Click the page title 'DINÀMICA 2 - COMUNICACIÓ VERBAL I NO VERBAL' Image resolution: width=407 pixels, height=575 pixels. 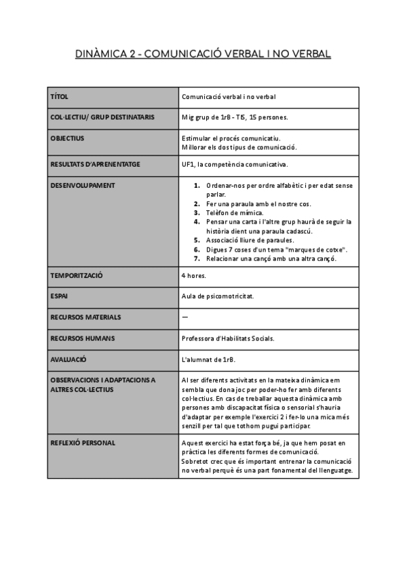point(203,54)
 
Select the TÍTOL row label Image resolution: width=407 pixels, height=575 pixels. point(60,97)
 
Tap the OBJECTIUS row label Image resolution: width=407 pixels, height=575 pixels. point(67,138)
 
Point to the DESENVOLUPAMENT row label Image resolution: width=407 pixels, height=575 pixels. point(83,185)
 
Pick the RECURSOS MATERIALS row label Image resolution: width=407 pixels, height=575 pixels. point(85,317)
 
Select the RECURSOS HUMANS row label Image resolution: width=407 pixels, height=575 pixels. point(82,338)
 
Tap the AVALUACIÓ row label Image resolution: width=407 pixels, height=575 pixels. point(69,359)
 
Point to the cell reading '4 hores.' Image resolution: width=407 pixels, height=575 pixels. point(194,276)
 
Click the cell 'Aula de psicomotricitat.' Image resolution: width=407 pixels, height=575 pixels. point(217,296)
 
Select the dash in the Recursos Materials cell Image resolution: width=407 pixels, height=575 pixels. point(185,317)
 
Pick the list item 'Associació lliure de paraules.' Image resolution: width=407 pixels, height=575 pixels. point(250,240)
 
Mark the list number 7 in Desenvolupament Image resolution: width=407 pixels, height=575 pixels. point(197,258)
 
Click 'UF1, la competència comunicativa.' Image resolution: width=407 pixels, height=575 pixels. point(235,164)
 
